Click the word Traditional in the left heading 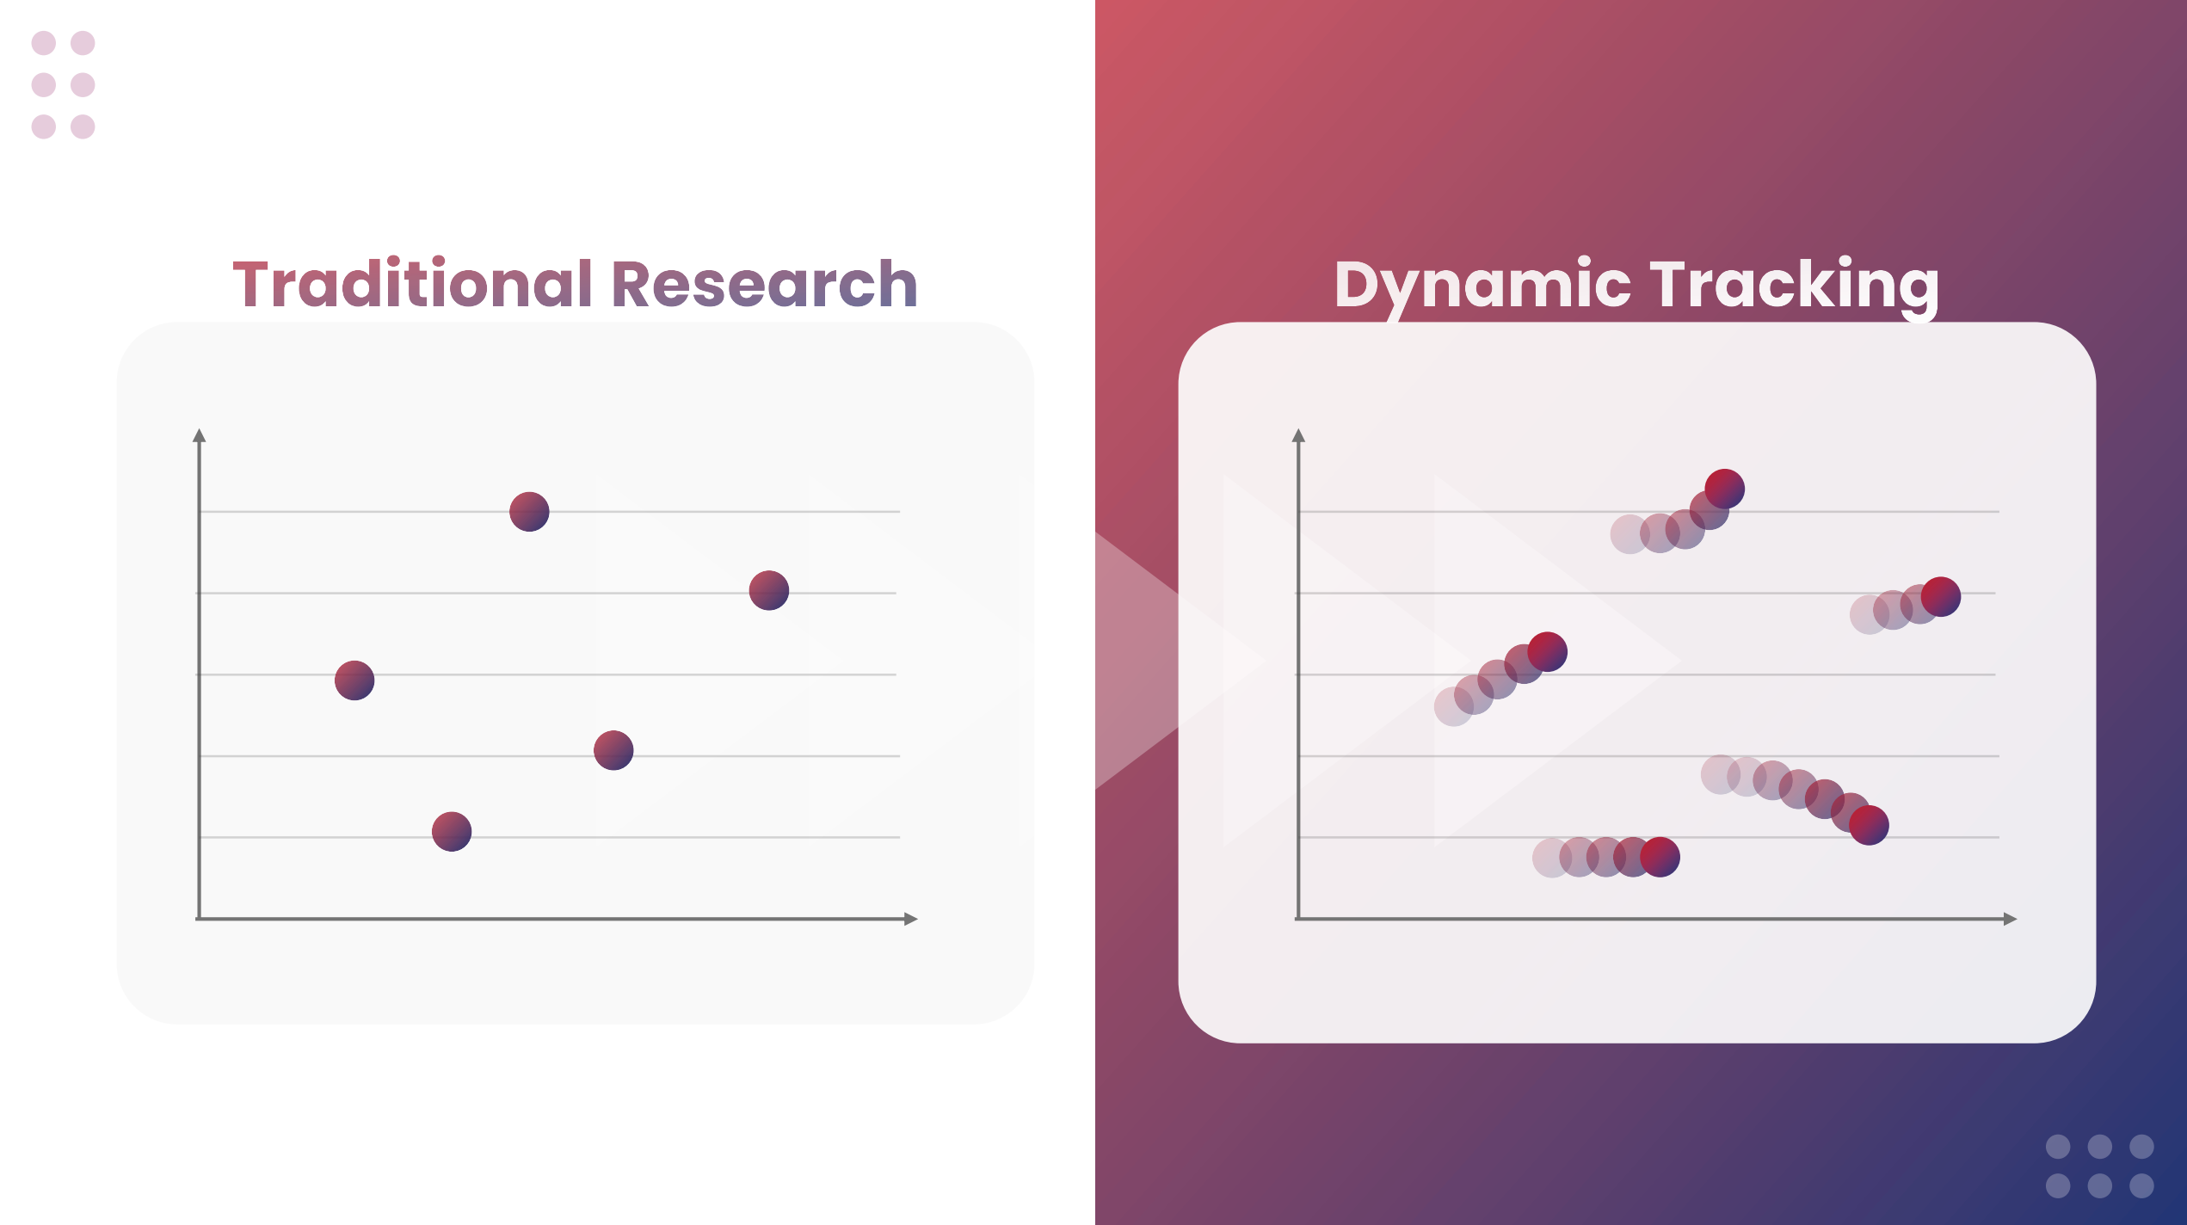pyautogui.click(x=413, y=283)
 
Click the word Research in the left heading pyautogui.click(x=764, y=284)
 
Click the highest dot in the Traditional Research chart pyautogui.click(x=529, y=512)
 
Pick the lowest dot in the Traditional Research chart pyautogui.click(x=452, y=832)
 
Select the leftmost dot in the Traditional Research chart pyautogui.click(x=354, y=680)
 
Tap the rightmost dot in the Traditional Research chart pyautogui.click(x=769, y=591)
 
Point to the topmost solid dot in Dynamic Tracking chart pyautogui.click(x=1725, y=489)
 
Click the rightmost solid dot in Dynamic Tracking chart pyautogui.click(x=1941, y=597)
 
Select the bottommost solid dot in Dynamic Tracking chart pyautogui.click(x=1660, y=857)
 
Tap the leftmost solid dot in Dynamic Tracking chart pyautogui.click(x=1548, y=651)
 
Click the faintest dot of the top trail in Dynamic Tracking pyautogui.click(x=1629, y=534)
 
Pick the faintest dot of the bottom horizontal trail pyautogui.click(x=1552, y=858)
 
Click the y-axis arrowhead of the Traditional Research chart pyautogui.click(x=200, y=435)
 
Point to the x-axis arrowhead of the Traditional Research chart pyautogui.click(x=912, y=919)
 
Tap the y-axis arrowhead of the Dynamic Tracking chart pyautogui.click(x=1299, y=435)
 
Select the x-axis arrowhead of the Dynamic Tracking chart pyautogui.click(x=2011, y=919)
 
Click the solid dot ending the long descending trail pyautogui.click(x=1870, y=825)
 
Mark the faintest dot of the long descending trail pyautogui.click(x=1721, y=774)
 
